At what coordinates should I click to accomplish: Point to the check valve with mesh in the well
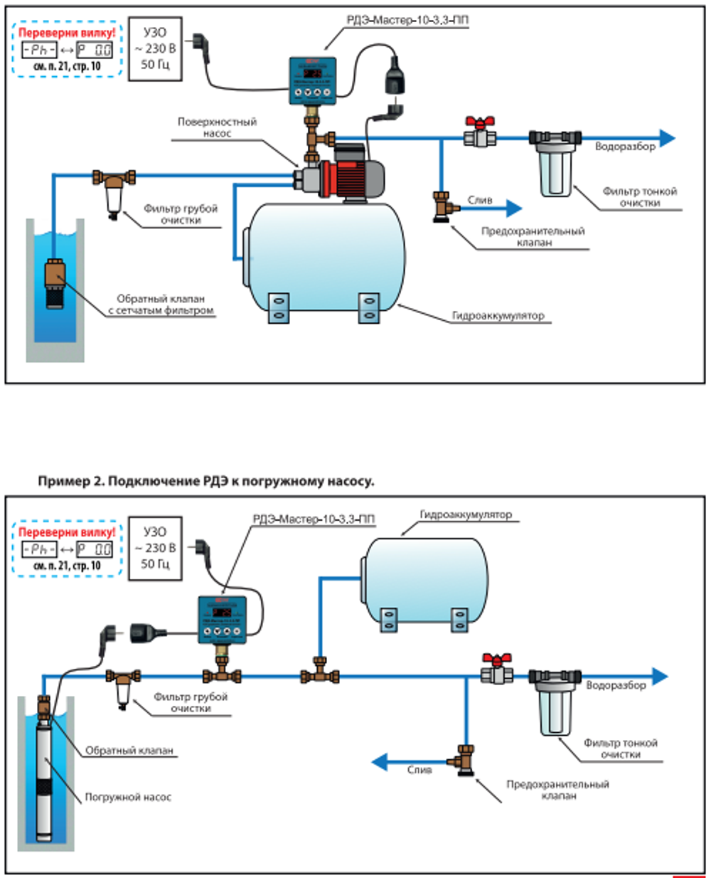click(55, 281)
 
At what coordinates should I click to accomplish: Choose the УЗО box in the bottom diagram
click(155, 549)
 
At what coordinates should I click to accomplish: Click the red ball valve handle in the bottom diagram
click(493, 660)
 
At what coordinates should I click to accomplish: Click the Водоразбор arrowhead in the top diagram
click(666, 138)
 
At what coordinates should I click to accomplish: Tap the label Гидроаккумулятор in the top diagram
click(498, 315)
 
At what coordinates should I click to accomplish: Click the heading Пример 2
click(205, 482)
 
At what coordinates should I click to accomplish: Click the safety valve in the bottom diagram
click(466, 758)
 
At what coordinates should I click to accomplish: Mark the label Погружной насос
click(128, 797)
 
